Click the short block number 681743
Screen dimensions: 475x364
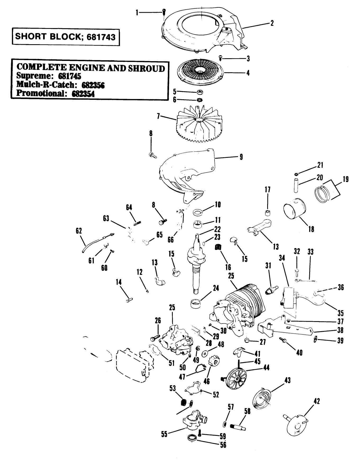pos(101,37)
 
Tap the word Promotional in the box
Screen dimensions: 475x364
pos(39,93)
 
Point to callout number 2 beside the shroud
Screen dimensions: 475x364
pos(272,23)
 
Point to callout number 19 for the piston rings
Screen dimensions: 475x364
pos(345,179)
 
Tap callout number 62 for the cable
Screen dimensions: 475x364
pos(79,231)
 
